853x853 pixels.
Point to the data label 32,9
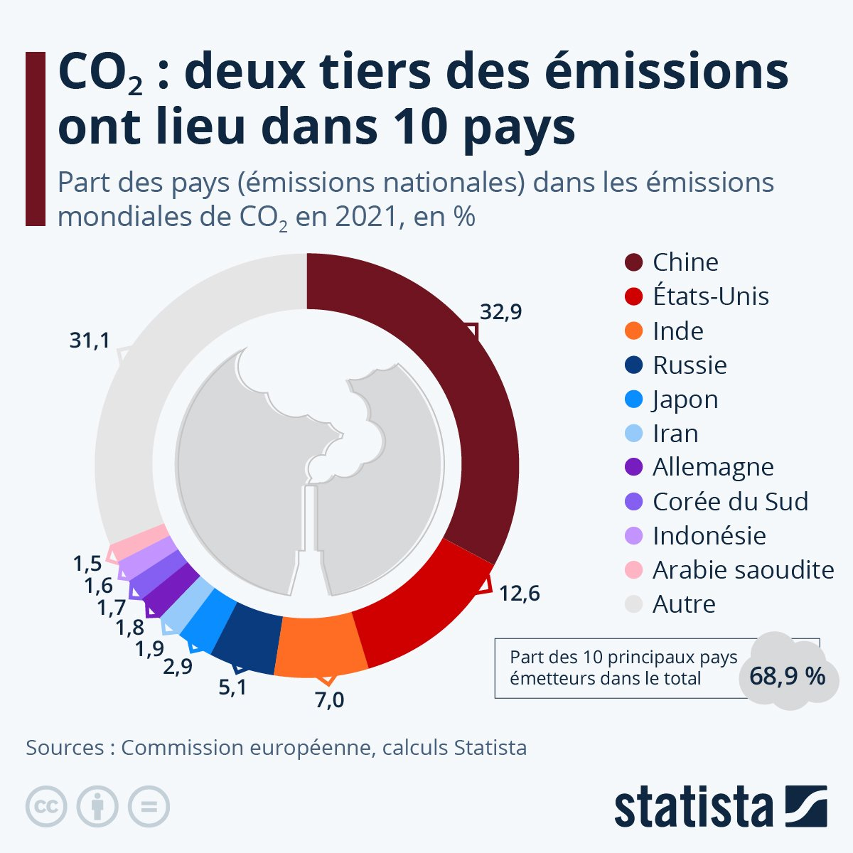click(500, 311)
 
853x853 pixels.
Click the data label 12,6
click(519, 593)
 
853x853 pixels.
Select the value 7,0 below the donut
click(329, 700)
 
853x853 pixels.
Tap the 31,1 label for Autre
click(90, 340)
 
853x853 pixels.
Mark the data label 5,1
click(232, 688)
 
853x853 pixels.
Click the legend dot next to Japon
click(633, 399)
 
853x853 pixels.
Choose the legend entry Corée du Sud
click(730, 502)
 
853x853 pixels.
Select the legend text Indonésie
click(709, 536)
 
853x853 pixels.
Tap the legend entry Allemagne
click(713, 468)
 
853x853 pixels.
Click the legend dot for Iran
click(633, 433)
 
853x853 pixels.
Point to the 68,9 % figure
click(787, 675)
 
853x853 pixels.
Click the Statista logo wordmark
click(693, 806)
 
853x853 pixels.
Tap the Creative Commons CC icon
click(46, 806)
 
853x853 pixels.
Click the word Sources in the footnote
click(65, 748)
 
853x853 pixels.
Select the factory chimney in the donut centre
click(310, 540)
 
